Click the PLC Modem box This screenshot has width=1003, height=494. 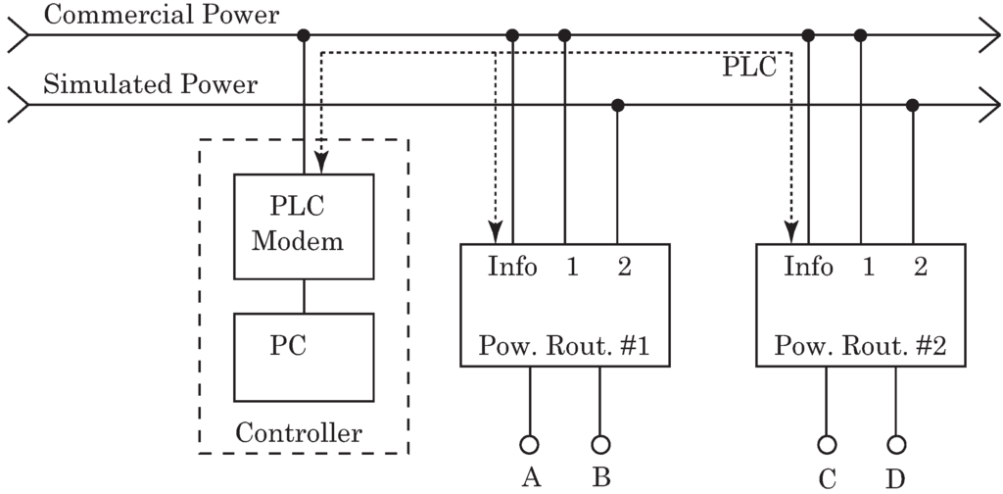pos(303,227)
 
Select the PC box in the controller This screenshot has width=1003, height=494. pos(303,357)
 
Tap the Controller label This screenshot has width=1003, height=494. pos(300,433)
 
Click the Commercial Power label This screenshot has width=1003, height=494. pos(162,15)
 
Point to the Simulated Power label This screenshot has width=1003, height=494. pos(151,84)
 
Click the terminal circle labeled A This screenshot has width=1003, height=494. pos(530,443)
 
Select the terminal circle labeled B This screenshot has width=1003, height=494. pos(600,443)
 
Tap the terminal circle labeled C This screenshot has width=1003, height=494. pos(827,443)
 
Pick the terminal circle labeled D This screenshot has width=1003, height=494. pos(896,443)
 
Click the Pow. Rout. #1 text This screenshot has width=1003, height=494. pos(565,346)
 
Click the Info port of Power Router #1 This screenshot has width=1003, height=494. pos(512,267)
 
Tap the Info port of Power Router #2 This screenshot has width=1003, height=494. pos(809,267)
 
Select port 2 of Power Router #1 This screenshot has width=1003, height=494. pos(624,267)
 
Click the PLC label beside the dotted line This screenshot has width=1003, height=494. pos(749,68)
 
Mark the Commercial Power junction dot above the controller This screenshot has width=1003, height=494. pos(304,35)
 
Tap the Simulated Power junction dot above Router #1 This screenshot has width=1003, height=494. pos(617,105)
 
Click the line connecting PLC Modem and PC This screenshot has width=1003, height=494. pos(304,296)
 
